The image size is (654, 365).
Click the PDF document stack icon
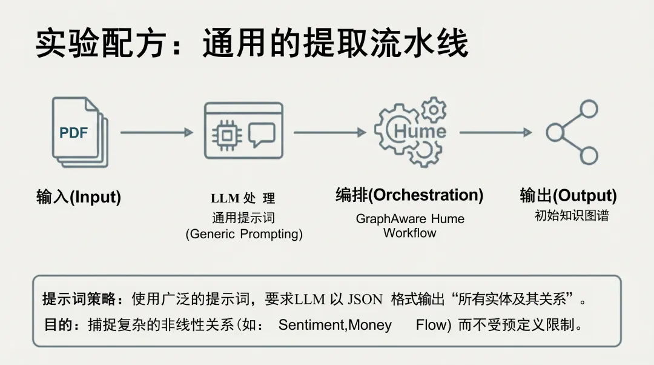(x=79, y=132)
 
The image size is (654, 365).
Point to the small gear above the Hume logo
(x=434, y=110)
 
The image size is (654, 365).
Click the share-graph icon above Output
(x=572, y=132)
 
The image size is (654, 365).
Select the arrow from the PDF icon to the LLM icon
(x=157, y=132)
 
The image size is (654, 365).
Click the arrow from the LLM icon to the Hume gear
(x=330, y=132)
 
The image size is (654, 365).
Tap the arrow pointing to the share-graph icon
(x=495, y=132)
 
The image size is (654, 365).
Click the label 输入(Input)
(x=79, y=197)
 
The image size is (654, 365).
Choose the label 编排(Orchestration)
(x=409, y=195)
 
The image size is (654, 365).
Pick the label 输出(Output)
(x=568, y=195)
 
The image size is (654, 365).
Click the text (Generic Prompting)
(x=244, y=234)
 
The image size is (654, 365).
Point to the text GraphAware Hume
(x=410, y=219)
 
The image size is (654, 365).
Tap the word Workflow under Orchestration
(x=410, y=233)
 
